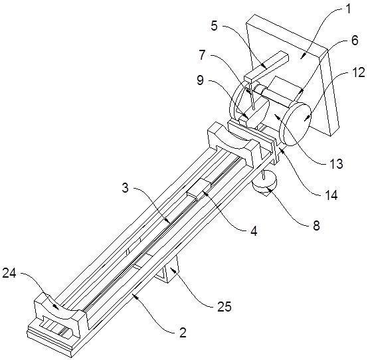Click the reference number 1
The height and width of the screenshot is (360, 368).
pyautogui.click(x=348, y=9)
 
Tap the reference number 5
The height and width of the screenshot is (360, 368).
pyautogui.click(x=215, y=26)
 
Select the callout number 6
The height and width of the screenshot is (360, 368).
pyautogui.click(x=355, y=40)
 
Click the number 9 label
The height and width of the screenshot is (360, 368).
pyautogui.click(x=200, y=80)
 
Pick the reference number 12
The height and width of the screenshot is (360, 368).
pyautogui.click(x=359, y=72)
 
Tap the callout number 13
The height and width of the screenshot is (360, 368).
pyautogui.click(x=336, y=163)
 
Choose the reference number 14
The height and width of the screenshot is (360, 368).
pyautogui.click(x=331, y=195)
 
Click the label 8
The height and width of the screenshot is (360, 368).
pyautogui.click(x=316, y=226)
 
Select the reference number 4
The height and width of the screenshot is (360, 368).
pyautogui.click(x=254, y=231)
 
